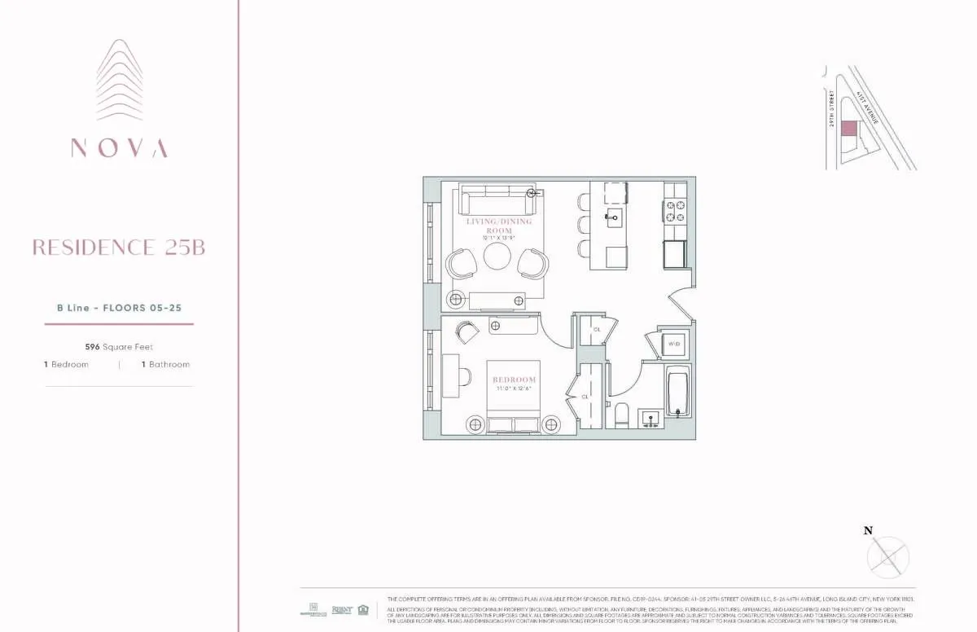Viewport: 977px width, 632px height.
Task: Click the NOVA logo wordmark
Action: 119,148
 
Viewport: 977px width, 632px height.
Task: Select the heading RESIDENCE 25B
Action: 119,248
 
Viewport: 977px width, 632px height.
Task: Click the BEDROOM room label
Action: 514,380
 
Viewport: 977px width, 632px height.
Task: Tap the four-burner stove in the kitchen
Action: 675,212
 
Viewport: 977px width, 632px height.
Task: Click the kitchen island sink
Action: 613,216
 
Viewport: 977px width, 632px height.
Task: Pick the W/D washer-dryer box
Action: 674,344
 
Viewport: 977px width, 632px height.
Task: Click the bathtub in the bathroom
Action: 677,393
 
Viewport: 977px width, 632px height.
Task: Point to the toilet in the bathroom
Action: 620,412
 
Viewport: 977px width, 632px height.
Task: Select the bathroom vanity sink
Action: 649,419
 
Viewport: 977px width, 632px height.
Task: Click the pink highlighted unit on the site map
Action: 848,128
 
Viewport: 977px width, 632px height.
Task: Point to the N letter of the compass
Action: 868,530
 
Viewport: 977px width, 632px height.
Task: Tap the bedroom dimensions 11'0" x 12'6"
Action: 514,389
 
